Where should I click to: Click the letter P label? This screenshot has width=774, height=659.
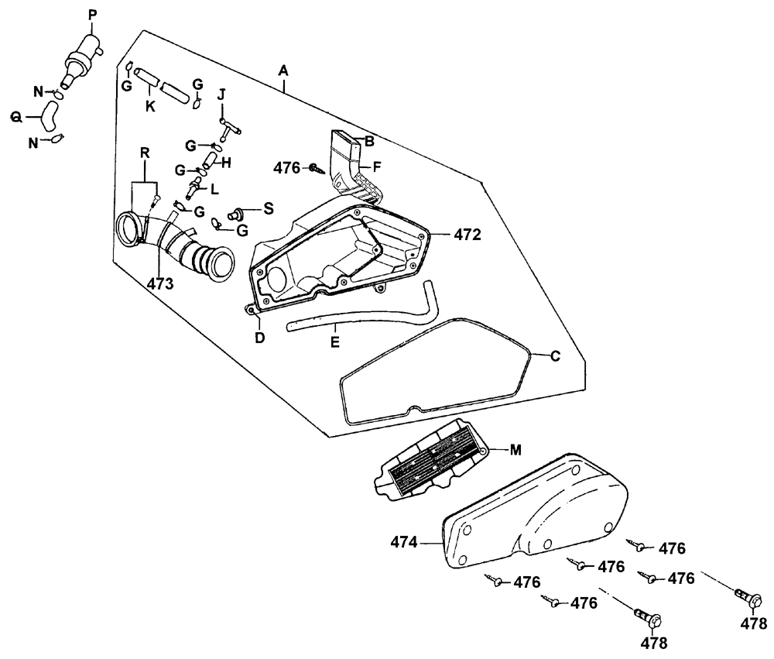point(94,15)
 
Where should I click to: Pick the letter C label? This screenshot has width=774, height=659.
point(554,356)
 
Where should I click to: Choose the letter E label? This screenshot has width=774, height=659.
point(334,341)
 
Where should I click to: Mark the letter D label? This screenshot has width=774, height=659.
point(260,338)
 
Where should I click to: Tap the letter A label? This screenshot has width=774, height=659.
point(283,70)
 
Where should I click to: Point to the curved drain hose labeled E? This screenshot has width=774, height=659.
point(364,315)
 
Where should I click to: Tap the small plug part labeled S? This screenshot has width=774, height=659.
point(238,211)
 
